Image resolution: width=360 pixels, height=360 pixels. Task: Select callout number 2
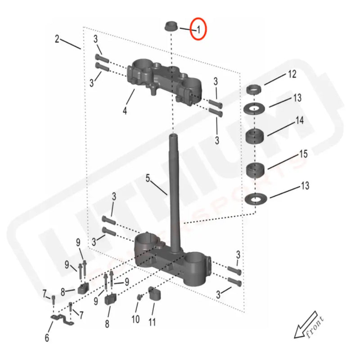tap(57, 39)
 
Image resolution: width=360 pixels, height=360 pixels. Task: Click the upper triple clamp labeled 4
tap(164, 79)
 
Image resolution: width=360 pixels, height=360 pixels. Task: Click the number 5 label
tap(148, 179)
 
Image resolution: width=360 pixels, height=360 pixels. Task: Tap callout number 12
tap(292, 74)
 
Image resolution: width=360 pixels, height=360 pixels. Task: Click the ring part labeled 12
tap(255, 89)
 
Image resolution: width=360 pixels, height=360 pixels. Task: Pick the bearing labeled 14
tap(255, 135)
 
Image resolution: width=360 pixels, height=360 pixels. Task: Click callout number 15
tap(304, 154)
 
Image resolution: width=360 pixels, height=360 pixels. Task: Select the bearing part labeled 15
tap(255, 170)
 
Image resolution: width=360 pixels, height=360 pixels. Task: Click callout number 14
tap(299, 121)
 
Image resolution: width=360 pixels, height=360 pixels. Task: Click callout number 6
tap(47, 337)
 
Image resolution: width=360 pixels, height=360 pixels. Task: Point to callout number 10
tap(135, 319)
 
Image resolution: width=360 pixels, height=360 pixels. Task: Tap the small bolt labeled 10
tap(140, 297)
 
